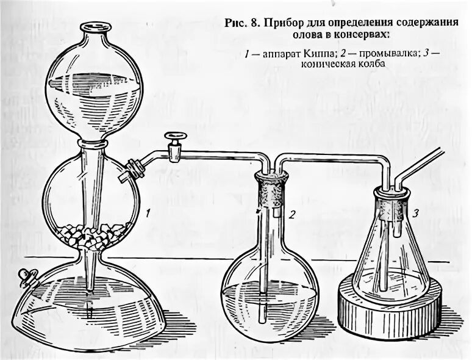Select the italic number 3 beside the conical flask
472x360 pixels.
pyautogui.click(x=415, y=212)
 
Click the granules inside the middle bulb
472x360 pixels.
pyautogui.click(x=95, y=234)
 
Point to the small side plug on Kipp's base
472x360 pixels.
pyautogui.click(x=26, y=278)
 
